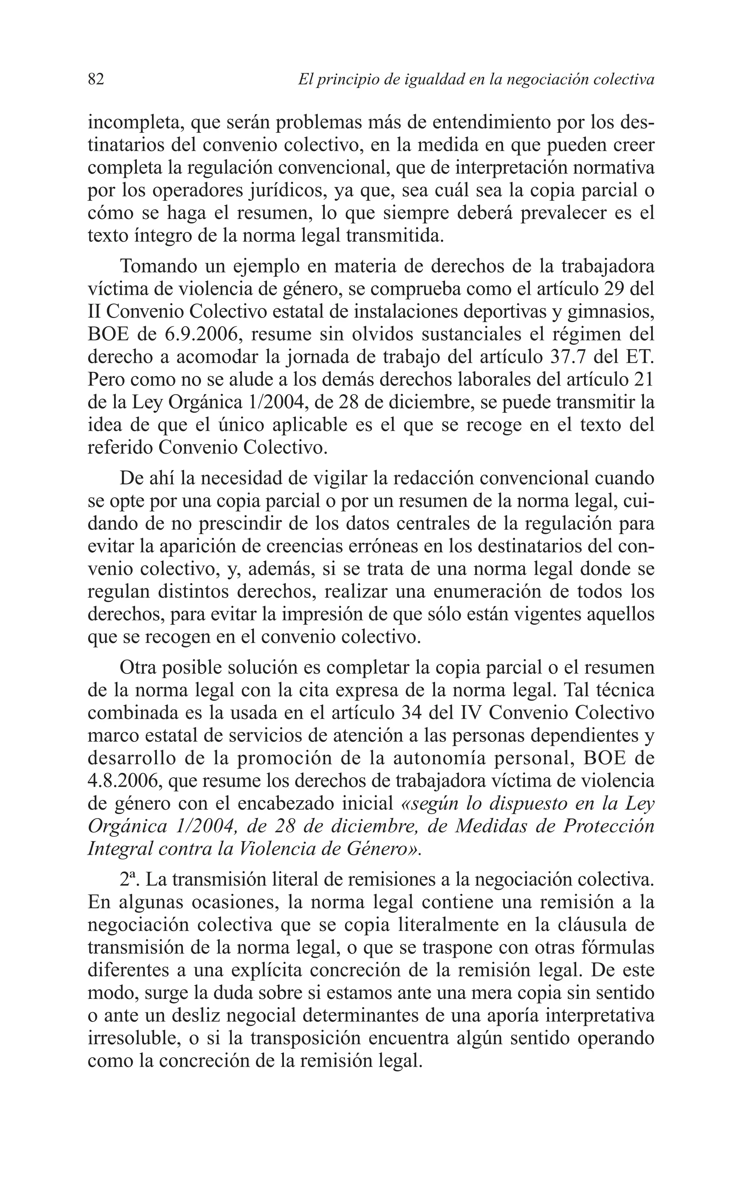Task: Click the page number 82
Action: click(96, 79)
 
